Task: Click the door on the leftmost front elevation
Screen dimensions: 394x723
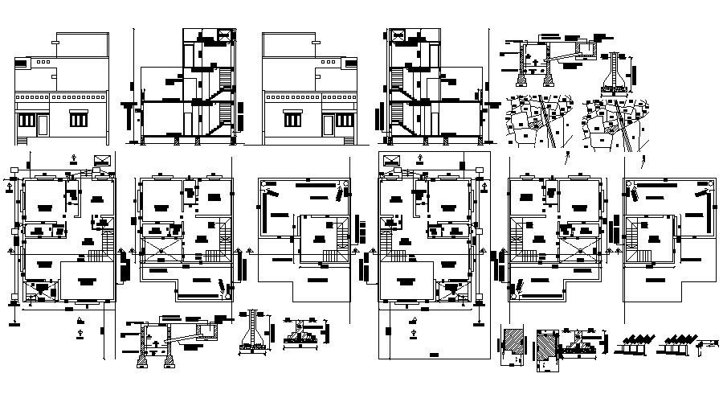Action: (x=43, y=125)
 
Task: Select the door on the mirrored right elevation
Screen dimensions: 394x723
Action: (x=329, y=125)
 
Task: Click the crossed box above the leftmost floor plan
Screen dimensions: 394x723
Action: (x=102, y=161)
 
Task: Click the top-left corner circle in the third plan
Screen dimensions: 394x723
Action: (x=264, y=185)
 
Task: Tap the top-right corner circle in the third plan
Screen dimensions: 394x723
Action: (x=345, y=185)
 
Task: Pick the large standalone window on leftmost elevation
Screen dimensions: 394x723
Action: (x=79, y=120)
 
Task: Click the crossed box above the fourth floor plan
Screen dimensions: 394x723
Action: (x=391, y=161)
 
